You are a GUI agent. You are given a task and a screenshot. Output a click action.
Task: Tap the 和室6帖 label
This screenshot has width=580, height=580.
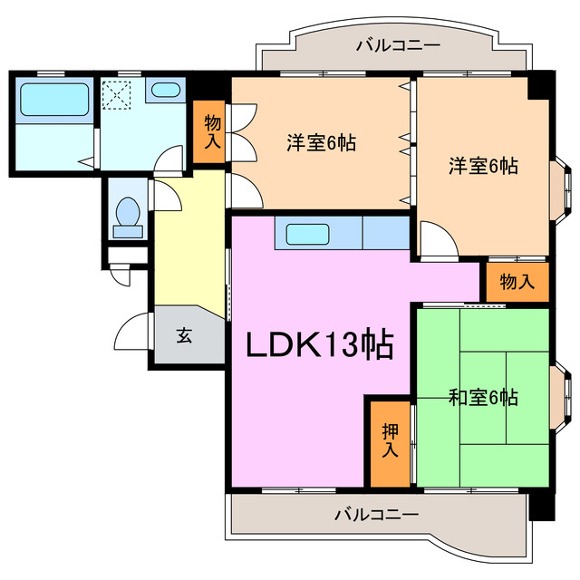coord(483,397)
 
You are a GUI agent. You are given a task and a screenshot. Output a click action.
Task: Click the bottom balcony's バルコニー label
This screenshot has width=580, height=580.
coord(375,514)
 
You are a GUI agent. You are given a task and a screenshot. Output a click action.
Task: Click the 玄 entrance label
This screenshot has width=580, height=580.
coord(184,336)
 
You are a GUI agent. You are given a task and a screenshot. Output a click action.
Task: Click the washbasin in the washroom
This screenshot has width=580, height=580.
coord(165,91)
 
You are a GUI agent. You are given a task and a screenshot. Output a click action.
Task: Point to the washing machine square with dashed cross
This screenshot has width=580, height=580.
coord(117,94)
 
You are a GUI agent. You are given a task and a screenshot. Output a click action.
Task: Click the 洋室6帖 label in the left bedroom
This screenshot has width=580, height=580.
coord(321,143)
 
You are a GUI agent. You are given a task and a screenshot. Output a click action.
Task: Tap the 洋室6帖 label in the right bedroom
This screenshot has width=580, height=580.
coord(483,167)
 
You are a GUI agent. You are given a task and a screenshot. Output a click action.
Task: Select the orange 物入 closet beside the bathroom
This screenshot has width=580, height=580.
coord(211,132)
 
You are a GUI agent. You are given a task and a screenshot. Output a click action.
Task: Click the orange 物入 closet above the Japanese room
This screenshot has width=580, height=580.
coord(517,282)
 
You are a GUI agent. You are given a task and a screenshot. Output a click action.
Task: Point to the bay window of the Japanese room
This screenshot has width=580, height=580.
coord(561,389)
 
